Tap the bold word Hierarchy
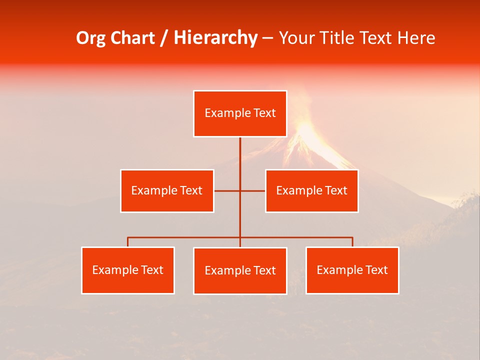pos(215,38)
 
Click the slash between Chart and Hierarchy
pos(164,38)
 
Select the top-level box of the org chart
pos(240,113)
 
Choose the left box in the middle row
pos(167,190)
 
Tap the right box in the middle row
pos(312,190)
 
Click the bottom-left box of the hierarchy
pos(128,270)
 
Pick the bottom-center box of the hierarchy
pos(240,270)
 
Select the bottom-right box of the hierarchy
pos(352,270)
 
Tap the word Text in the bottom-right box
pos(376,270)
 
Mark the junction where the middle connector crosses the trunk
pos(240,190)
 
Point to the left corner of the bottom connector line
pos(128,237)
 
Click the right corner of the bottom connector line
pos(352,237)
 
